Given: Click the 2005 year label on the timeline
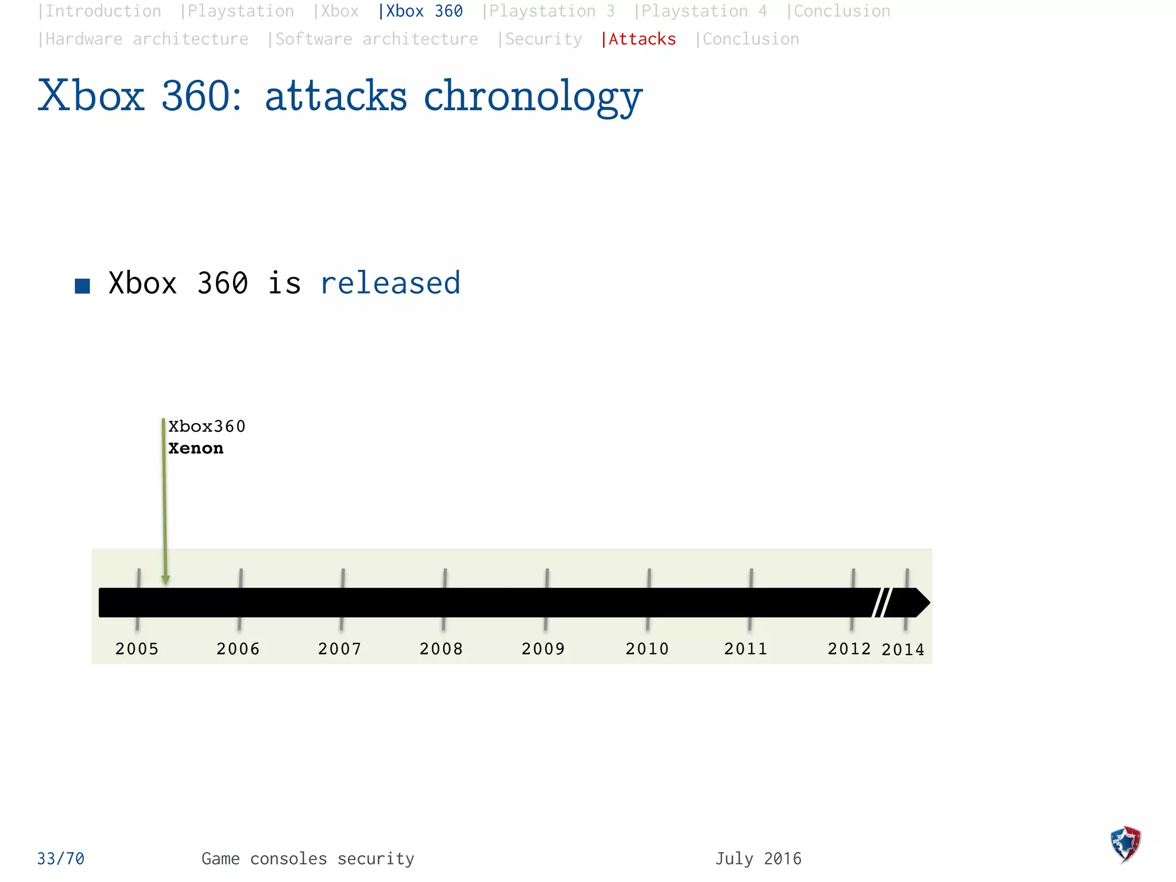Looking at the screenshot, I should click(137, 649).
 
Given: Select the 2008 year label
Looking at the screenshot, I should click(441, 649).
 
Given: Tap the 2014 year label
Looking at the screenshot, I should click(903, 649).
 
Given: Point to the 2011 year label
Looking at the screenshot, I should click(745, 649).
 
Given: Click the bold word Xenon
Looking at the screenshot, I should click(196, 448).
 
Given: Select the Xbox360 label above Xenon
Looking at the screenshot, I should click(207, 427).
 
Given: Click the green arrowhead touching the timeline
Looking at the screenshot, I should click(165, 580).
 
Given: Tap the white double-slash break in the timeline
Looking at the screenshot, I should click(881, 602).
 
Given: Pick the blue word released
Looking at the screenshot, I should click(390, 283).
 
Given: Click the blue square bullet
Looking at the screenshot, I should click(83, 286).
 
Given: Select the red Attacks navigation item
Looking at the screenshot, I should click(639, 39).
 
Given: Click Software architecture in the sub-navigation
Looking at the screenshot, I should click(373, 39).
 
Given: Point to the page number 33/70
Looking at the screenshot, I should click(61, 858).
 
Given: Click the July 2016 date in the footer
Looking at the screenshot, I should click(758, 858).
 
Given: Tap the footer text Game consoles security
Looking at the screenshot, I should click(308, 858).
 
